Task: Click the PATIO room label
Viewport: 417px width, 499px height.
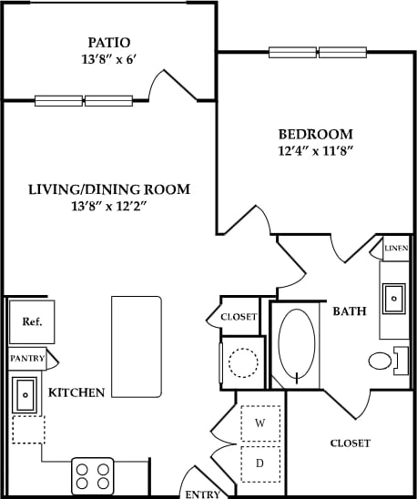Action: [x=108, y=42]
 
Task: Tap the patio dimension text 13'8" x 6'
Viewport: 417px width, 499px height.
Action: [x=108, y=60]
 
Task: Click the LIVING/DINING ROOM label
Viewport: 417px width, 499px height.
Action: [x=108, y=189]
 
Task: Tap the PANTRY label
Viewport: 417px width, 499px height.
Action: [x=26, y=359]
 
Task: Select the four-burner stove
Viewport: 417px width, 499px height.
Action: [x=92, y=476]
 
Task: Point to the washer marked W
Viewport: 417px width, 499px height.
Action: [x=259, y=423]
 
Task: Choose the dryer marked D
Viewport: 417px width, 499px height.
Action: [x=259, y=463]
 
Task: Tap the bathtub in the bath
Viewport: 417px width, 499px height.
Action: [x=297, y=344]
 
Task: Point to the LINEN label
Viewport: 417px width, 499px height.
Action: [x=395, y=248]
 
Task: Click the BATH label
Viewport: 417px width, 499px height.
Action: [x=349, y=311]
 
